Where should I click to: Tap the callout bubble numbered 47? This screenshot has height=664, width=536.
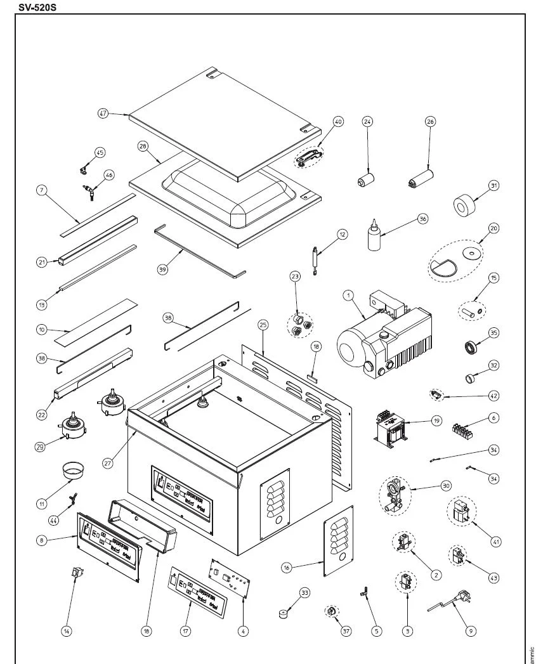[x=103, y=114]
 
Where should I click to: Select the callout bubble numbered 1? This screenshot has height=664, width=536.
[x=348, y=295]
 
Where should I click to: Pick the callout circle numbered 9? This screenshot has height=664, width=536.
[x=470, y=631]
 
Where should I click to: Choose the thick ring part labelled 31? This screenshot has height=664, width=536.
[x=465, y=205]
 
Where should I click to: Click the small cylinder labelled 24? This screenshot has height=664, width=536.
[x=365, y=179]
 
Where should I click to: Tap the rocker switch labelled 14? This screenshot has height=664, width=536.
[x=78, y=574]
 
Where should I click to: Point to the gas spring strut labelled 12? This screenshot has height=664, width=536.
[x=315, y=260]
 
